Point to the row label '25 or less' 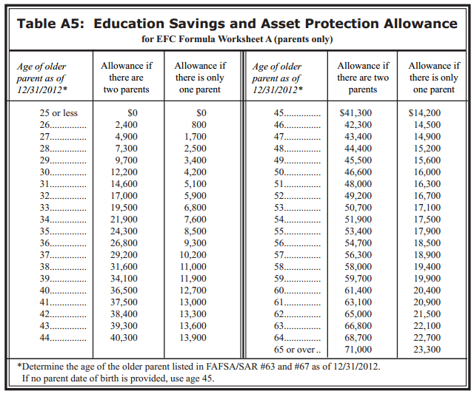pyautogui.click(x=58, y=113)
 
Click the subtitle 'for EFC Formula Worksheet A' pyautogui.click(x=215, y=38)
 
